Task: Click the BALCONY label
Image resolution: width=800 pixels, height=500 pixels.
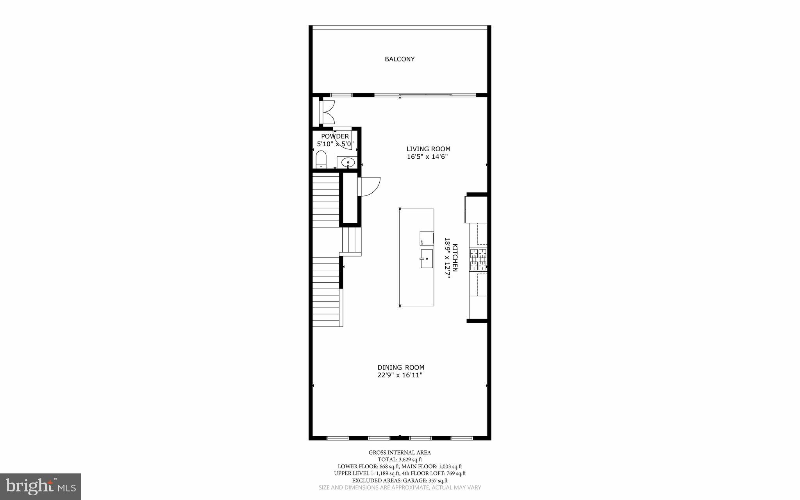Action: [400, 59]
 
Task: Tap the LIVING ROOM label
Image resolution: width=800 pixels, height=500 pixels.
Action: [428, 149]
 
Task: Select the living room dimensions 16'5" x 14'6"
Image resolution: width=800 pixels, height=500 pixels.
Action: [427, 157]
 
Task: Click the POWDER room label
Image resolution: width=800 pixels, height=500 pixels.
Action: [335, 136]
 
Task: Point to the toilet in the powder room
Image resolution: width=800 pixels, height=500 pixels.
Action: [321, 160]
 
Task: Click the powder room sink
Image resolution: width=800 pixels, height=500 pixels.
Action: [347, 162]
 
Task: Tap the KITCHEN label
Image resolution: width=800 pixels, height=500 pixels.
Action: [455, 258]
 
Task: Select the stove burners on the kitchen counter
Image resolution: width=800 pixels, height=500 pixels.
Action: [479, 260]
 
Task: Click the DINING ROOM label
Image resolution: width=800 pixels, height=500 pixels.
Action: [401, 367]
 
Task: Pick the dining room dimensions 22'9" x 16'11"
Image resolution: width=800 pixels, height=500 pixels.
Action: [400, 375]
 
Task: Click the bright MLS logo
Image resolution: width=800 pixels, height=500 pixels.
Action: [41, 486]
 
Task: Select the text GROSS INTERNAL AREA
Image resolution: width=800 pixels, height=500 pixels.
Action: [400, 453]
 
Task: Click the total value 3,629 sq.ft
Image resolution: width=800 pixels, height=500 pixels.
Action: [410, 460]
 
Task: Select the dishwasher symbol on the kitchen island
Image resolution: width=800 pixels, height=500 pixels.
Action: [427, 238]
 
